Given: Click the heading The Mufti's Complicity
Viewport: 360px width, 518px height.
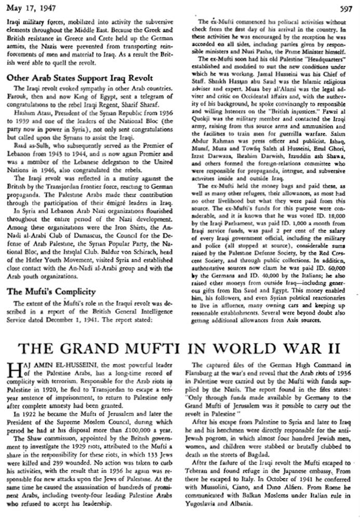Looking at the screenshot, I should tap(51, 291).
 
